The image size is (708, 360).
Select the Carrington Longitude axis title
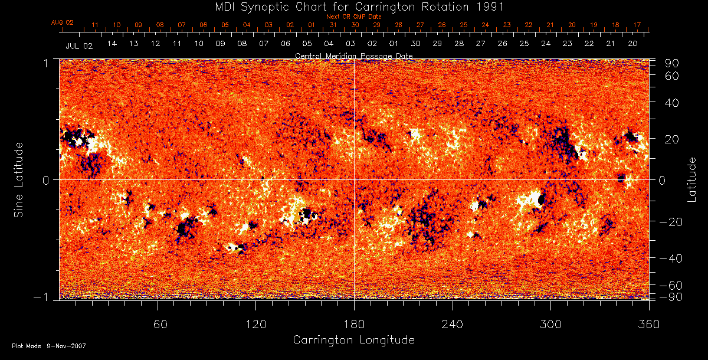tap(353, 340)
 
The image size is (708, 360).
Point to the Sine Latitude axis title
tap(18, 179)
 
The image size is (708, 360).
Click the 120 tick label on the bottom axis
tap(256, 324)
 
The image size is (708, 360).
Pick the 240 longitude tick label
tap(452, 324)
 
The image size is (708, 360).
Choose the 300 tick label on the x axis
tap(550, 324)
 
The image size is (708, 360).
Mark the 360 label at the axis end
tap(648, 324)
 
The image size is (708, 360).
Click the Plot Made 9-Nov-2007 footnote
tap(49, 346)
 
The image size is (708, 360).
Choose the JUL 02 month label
tap(79, 45)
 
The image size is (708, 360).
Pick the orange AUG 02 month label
tap(63, 22)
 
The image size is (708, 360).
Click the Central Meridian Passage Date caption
tap(353, 55)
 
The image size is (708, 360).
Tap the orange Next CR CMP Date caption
tap(353, 17)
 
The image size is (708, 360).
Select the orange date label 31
tap(333, 25)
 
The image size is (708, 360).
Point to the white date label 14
tap(112, 44)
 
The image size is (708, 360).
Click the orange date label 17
tap(637, 25)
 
